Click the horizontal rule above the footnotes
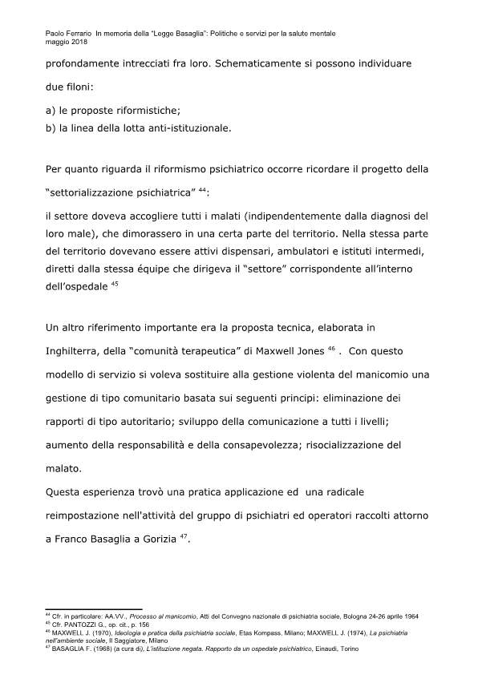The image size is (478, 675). [95, 609]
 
